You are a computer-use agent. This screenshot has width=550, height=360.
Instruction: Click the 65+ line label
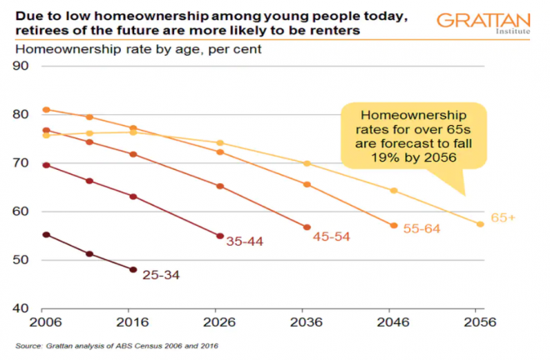pos(502,217)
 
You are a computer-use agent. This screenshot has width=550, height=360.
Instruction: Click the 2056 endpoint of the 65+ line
pos(480,223)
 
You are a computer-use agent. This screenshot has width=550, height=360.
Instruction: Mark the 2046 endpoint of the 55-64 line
pos(393,225)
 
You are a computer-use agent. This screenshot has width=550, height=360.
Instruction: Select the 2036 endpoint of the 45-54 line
pos(307,227)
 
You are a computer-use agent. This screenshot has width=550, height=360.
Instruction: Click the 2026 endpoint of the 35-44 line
pos(220,236)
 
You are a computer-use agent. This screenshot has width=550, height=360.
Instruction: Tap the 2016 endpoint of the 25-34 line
pos(133,269)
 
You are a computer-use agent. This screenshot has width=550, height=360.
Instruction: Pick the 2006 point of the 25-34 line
pos(47,235)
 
